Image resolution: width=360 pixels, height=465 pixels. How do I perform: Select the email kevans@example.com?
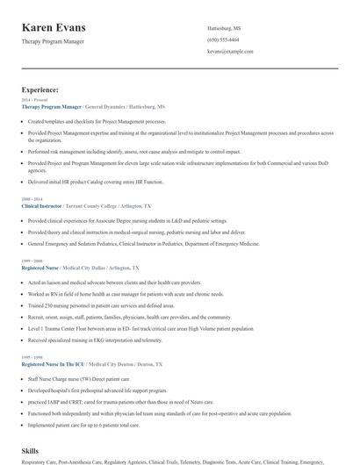(230, 51)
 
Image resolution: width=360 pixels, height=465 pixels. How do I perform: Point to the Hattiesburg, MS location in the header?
(224, 28)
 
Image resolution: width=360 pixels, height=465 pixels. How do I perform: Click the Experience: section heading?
(40, 89)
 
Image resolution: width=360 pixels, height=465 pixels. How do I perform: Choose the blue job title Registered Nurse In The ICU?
(53, 362)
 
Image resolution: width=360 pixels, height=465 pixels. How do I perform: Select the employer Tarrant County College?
(99, 204)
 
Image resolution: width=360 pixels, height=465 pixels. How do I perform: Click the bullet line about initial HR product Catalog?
(96, 182)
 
